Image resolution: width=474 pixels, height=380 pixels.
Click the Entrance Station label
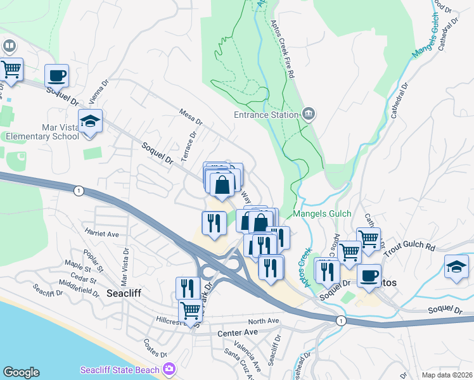pos(266,115)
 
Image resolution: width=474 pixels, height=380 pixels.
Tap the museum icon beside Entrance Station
pos(309,114)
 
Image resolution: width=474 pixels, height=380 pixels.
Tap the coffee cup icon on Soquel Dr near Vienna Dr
pos(56,75)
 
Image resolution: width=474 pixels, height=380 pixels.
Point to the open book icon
pos(10,46)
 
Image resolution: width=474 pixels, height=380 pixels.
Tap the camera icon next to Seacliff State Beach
pos(169,369)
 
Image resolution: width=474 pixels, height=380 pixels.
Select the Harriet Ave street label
pos(102,234)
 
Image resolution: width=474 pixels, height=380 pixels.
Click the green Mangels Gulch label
pos(323,214)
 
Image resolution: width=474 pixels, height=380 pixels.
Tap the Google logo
pos(21,372)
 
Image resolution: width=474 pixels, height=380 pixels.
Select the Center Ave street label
pos(238,332)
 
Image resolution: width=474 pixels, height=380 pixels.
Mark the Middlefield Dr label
pos(79,286)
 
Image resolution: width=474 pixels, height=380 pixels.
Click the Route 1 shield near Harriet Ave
pos(78,191)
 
